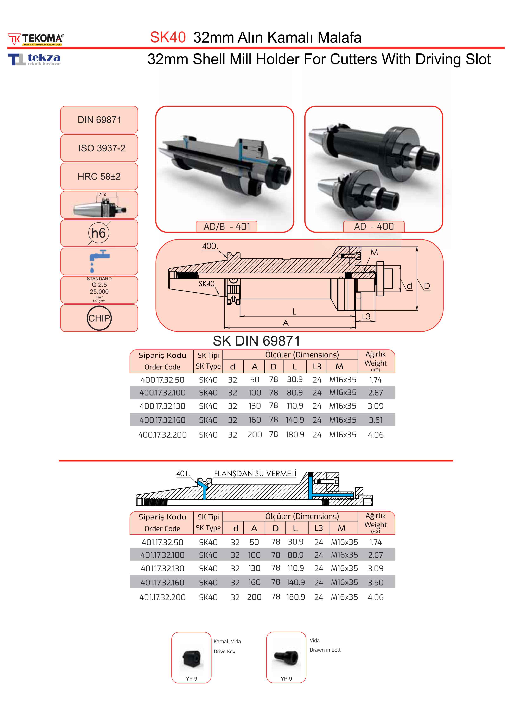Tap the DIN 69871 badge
[99, 120]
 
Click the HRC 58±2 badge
[99, 177]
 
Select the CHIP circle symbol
[99, 318]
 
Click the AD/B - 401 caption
[226, 227]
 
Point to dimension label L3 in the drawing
[366, 316]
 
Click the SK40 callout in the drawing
[206, 284]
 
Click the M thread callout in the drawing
[374, 252]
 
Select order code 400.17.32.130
[162, 406]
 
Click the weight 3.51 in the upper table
[376, 420]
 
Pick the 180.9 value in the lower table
[296, 597]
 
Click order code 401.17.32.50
[162, 542]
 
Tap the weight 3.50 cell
[376, 582]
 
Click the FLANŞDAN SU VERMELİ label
[255, 474]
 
